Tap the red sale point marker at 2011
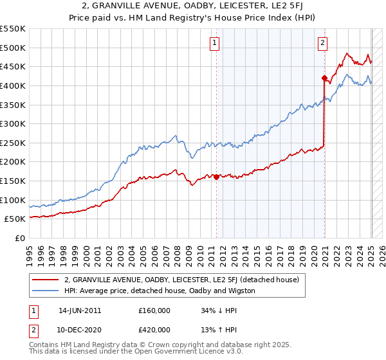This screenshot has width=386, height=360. [x=216, y=177]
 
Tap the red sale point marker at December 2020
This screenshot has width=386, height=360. [x=325, y=78]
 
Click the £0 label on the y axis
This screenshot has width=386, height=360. [x=19, y=238]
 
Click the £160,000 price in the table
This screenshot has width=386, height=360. [x=154, y=310]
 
